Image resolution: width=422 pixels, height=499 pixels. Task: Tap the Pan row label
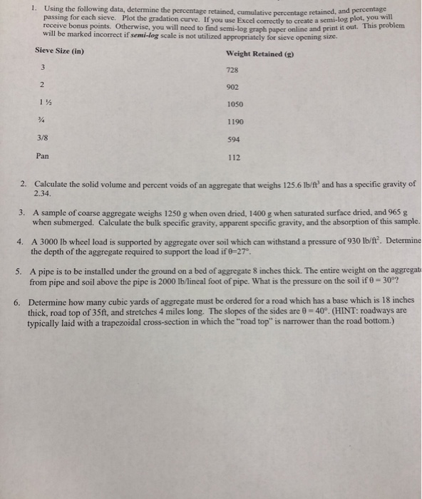point(43,155)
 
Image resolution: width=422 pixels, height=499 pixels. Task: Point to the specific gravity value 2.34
point(43,192)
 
